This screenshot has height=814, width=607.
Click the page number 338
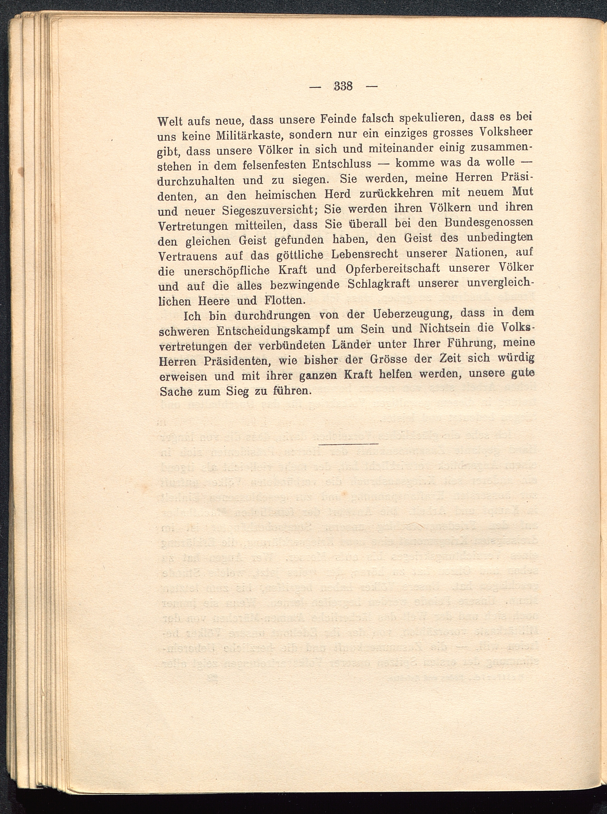pos(343,86)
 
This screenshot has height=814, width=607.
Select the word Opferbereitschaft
pos(392,269)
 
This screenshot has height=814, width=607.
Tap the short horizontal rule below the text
pos(348,445)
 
